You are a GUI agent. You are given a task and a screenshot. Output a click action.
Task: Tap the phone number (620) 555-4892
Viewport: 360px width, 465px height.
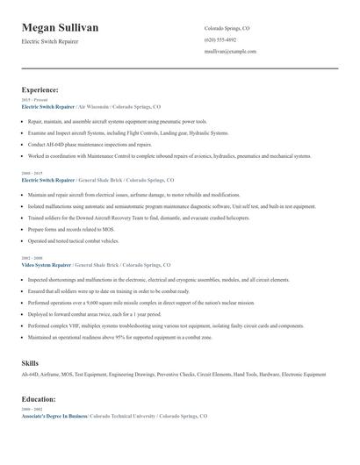[220, 40]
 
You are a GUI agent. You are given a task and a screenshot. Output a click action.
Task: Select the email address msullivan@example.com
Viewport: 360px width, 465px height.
[230, 52]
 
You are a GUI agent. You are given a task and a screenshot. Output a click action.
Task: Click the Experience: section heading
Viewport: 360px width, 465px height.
[40, 90]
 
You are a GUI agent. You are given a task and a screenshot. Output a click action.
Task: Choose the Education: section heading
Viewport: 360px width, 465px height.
[39, 399]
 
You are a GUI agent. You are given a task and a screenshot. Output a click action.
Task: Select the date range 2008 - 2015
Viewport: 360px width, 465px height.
[31, 174]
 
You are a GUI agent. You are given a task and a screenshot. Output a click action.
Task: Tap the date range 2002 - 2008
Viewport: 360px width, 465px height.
[31, 258]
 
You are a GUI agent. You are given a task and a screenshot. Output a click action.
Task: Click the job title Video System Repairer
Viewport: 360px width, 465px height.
[47, 264]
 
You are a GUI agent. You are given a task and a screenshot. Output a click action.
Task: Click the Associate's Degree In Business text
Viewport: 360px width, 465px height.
[54, 416]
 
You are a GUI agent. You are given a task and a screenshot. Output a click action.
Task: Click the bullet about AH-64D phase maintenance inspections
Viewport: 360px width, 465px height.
[90, 144]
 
